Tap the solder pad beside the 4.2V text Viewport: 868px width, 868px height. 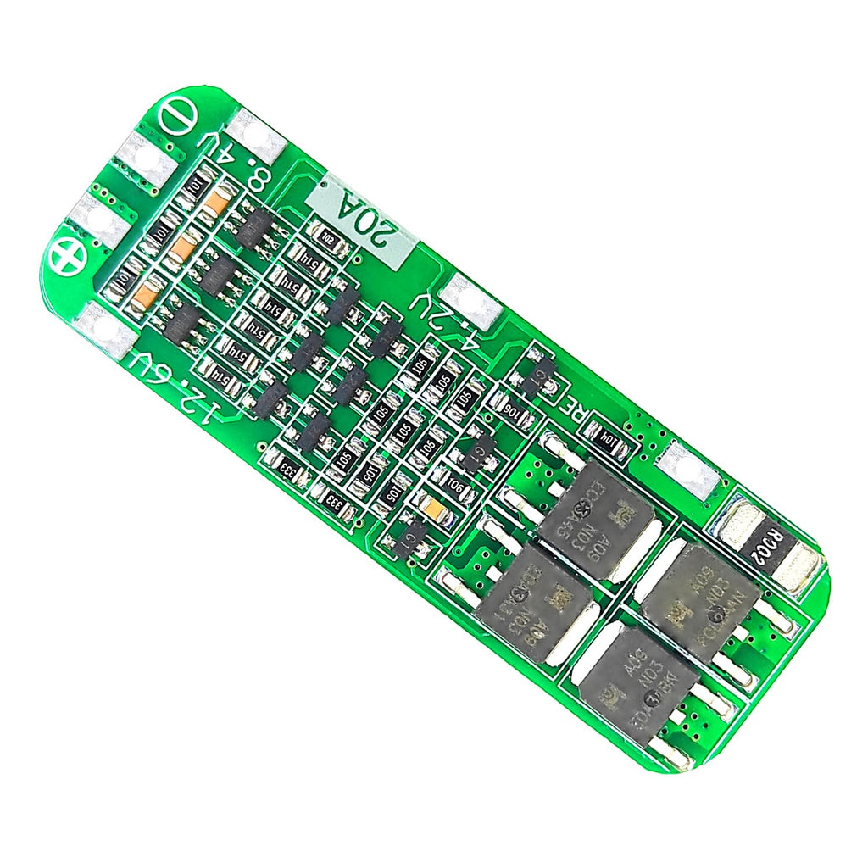click(x=471, y=301)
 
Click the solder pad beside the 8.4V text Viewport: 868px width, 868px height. click(x=258, y=136)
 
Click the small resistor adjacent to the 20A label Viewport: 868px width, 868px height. click(x=328, y=238)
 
